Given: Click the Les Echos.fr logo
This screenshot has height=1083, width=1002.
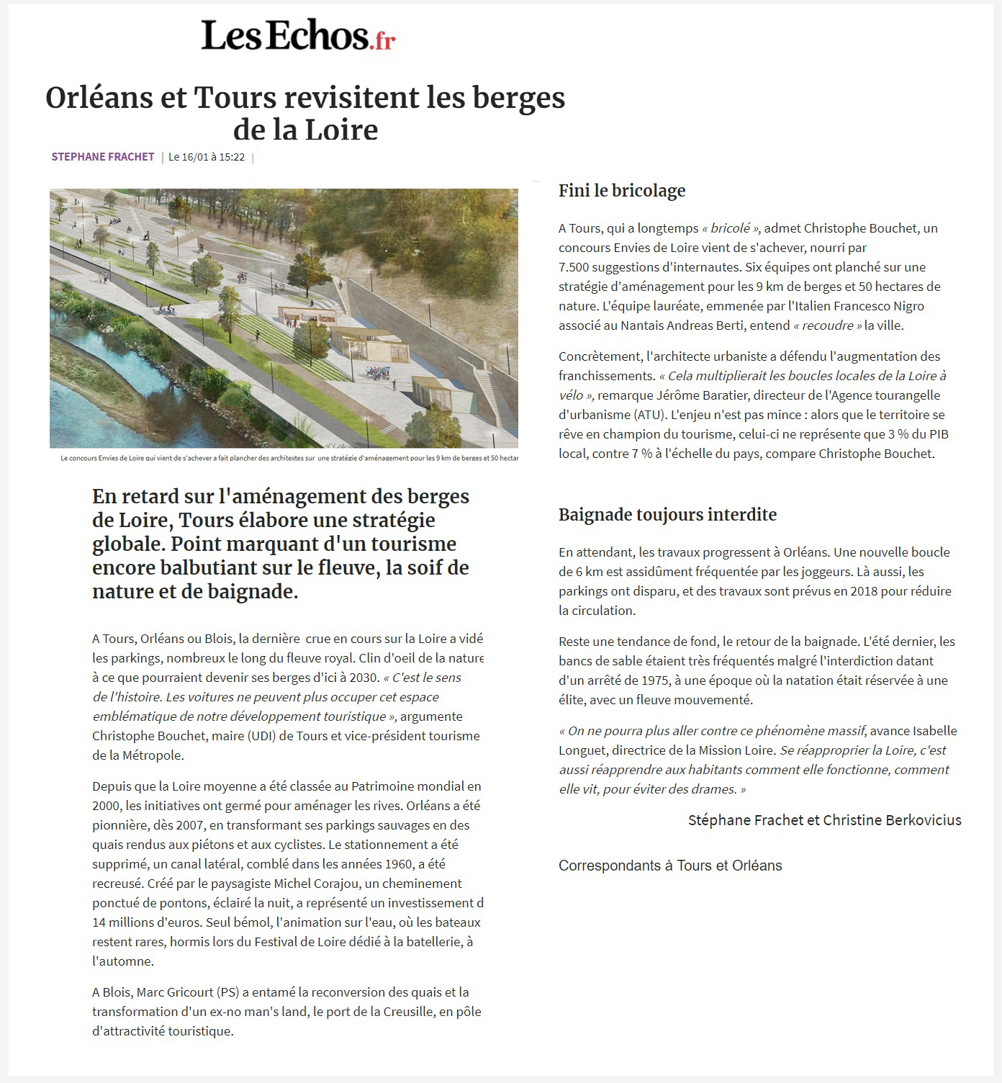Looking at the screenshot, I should click(x=298, y=35).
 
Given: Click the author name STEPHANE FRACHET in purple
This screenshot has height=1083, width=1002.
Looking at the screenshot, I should click(x=103, y=157).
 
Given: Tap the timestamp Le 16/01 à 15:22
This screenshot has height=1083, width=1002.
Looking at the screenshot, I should click(x=207, y=157).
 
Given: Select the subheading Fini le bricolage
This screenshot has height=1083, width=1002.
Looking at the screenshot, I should click(x=622, y=191).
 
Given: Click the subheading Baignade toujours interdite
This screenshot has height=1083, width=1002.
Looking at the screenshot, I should click(x=667, y=515).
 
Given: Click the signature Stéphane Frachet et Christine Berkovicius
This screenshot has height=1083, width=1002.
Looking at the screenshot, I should click(x=824, y=820).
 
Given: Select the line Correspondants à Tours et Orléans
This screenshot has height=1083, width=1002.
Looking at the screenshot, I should click(x=670, y=866).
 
